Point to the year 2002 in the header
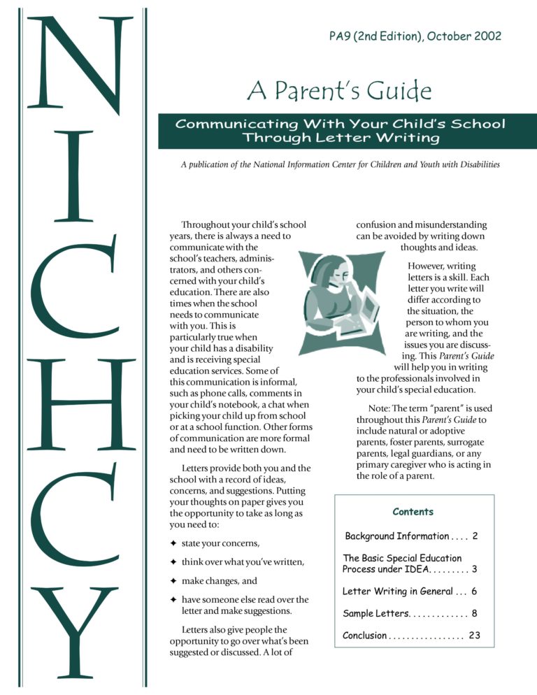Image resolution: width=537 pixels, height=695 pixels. [x=488, y=36]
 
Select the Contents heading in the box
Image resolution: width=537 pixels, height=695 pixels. [x=413, y=512]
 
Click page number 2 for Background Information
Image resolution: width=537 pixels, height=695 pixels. [x=475, y=536]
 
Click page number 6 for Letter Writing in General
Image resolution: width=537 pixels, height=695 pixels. [x=475, y=591]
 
